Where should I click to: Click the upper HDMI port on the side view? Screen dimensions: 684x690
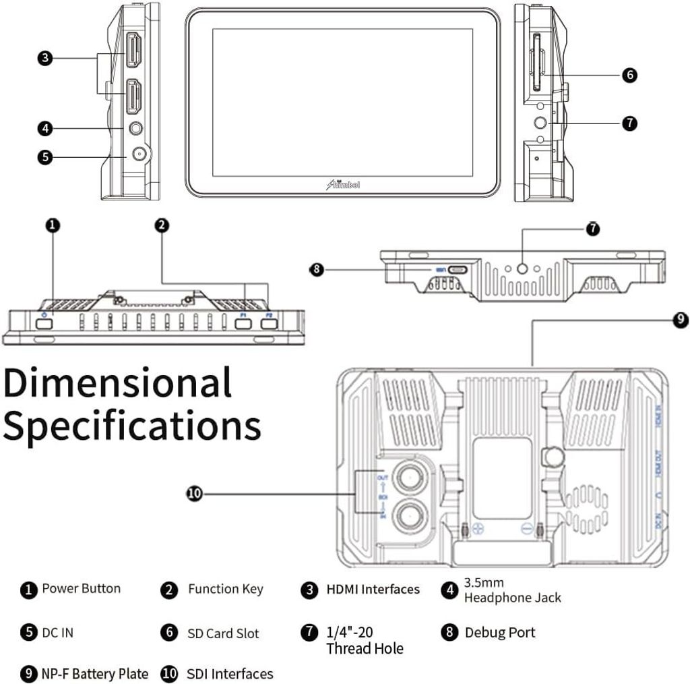point(133,51)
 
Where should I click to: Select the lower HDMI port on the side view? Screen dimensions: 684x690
point(133,96)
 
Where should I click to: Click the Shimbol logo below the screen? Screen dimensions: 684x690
point(343,184)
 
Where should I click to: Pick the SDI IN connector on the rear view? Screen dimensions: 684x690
point(409,517)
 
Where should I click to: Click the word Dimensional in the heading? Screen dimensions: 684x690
point(117,382)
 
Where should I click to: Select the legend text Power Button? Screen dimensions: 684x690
point(81,588)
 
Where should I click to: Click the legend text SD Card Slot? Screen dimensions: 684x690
point(222,633)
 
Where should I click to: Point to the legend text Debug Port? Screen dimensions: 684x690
point(499,633)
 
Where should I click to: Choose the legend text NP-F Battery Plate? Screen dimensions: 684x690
point(95,673)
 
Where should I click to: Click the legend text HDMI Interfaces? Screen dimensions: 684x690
point(373,590)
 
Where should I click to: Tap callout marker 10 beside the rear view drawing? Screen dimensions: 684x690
point(194,494)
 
